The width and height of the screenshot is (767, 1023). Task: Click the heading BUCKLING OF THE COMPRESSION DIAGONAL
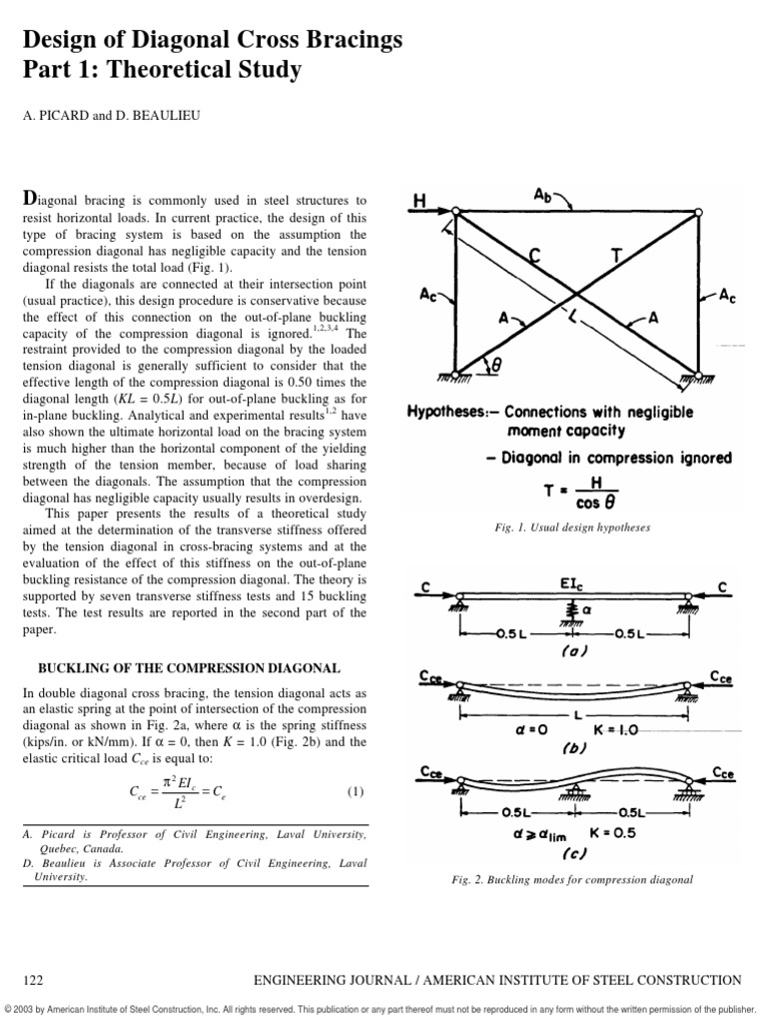pos(190,667)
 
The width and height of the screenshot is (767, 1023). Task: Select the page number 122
pos(33,980)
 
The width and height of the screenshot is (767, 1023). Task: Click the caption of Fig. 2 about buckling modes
pos(572,879)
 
